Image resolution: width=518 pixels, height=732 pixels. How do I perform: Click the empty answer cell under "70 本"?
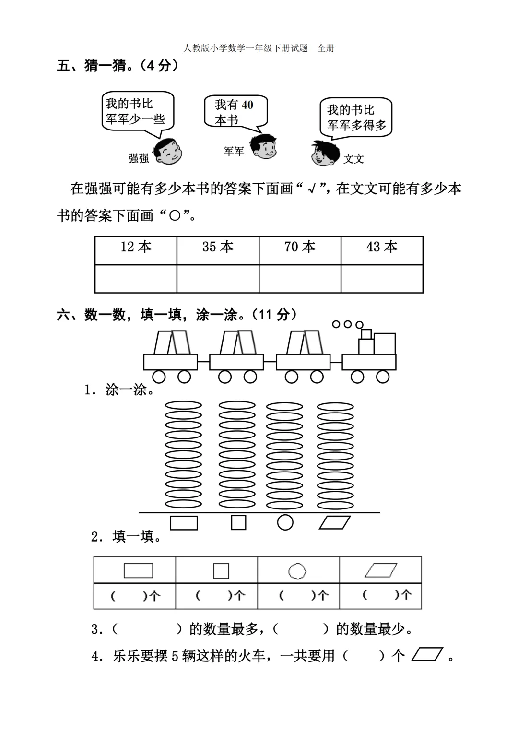click(x=300, y=279)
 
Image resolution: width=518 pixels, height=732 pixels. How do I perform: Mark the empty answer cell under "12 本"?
click(x=136, y=279)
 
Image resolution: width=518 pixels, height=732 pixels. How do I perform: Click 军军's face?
click(x=263, y=147)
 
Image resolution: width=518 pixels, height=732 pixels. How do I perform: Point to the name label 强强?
click(x=139, y=159)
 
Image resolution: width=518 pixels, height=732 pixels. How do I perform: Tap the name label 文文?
click(x=353, y=159)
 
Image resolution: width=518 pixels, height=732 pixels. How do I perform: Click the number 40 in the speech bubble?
click(x=247, y=105)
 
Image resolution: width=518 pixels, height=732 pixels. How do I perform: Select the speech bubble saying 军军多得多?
click(x=356, y=118)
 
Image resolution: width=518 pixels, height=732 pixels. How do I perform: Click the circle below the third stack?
click(x=285, y=522)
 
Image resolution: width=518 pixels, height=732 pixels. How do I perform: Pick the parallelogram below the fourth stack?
click(x=335, y=522)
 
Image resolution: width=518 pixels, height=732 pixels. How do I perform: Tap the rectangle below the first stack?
click(x=184, y=523)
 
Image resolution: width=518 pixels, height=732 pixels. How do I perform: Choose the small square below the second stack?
click(x=238, y=522)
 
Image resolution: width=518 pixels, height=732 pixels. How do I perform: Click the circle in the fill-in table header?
click(x=297, y=571)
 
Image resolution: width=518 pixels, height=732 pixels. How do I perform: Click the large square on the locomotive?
click(x=385, y=344)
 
